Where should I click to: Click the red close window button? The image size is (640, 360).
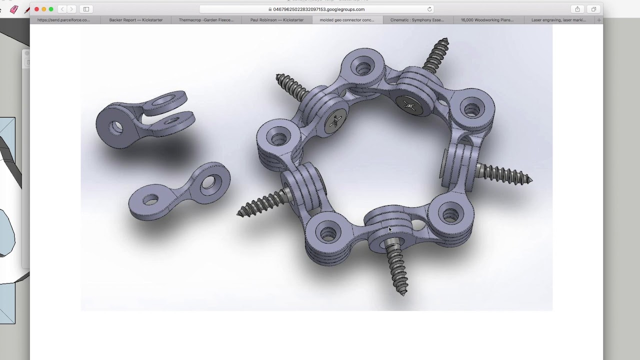36,9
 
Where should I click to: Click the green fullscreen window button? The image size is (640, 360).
51,9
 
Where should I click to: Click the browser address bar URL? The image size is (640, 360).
318,9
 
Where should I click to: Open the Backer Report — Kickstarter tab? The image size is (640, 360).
135,20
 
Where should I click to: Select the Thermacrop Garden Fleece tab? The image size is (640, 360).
206,20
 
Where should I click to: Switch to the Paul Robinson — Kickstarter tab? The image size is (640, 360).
276,20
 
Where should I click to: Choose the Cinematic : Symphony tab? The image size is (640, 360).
417,20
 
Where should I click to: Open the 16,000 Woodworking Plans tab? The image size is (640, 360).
487,20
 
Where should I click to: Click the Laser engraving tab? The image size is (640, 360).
558,20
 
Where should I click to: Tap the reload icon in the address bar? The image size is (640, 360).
429,9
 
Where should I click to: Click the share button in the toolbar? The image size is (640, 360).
577,9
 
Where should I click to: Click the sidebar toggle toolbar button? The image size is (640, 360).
86,9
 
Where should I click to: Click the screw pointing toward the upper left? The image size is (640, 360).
290,85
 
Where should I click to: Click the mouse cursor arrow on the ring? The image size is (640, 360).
390,229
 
